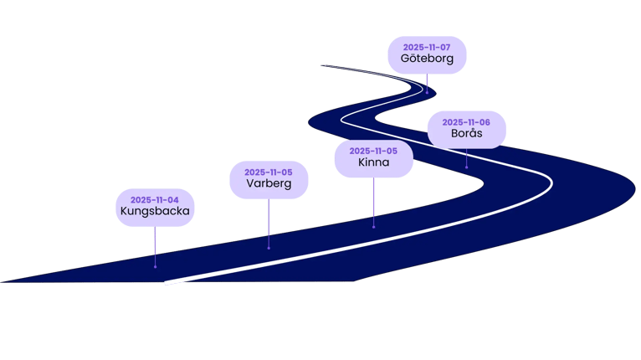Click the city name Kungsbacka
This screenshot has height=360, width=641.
(x=155, y=212)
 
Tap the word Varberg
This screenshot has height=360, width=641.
(x=269, y=183)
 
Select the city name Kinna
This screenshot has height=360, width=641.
(x=373, y=162)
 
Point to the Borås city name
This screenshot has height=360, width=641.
(x=466, y=134)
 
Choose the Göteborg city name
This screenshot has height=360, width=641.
(x=427, y=59)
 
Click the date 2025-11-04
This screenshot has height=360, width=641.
(x=155, y=200)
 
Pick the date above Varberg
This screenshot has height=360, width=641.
(x=269, y=172)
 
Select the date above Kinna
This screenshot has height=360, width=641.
(x=373, y=151)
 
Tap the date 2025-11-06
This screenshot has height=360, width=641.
(x=466, y=122)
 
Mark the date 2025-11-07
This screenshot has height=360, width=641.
(x=427, y=48)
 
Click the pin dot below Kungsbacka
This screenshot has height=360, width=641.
(x=155, y=267)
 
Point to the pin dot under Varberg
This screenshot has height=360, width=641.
(x=269, y=247)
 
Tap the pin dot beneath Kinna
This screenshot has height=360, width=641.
(x=373, y=226)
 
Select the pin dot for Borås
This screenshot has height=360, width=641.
(x=466, y=167)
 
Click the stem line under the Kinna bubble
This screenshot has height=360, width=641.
(x=373, y=201)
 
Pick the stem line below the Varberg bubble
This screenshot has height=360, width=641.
(x=269, y=222)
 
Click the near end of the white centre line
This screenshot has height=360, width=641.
(x=167, y=283)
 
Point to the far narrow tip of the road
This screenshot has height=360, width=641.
(x=322, y=65)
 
